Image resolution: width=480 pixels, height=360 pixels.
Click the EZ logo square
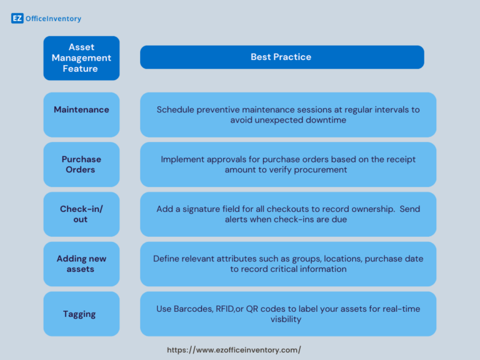[17, 19]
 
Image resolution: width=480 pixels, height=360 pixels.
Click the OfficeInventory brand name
[53, 19]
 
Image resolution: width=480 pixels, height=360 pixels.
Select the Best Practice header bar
[281, 57]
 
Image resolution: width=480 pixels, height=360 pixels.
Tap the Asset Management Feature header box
[81, 57]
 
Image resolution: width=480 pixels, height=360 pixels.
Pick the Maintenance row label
[81, 110]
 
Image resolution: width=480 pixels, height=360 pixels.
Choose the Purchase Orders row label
[81, 164]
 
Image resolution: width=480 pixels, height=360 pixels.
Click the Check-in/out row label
[81, 214]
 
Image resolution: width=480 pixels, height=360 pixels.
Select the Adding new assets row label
[81, 264]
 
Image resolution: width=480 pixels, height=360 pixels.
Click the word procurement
[317, 170]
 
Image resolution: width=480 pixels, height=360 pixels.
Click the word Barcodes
[193, 309]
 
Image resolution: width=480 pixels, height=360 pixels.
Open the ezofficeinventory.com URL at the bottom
[234, 350]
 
